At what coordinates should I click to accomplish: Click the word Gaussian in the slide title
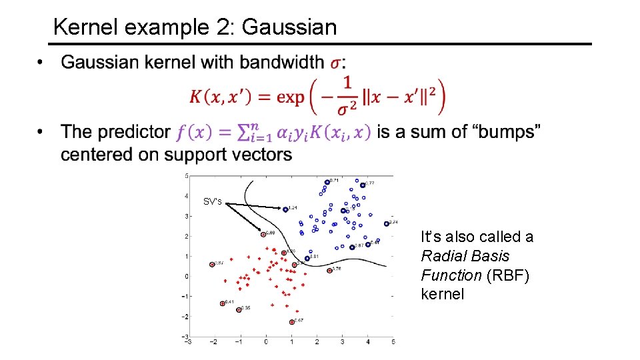pyautogui.click(x=289, y=27)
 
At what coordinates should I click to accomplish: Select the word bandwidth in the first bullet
pyautogui.click(x=282, y=63)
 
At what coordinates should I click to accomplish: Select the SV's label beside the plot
pyautogui.click(x=213, y=201)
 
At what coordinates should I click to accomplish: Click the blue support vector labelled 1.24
pyautogui.click(x=285, y=209)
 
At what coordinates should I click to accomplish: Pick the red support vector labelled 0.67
pyautogui.click(x=292, y=322)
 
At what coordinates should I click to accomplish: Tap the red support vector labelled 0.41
pyautogui.click(x=223, y=304)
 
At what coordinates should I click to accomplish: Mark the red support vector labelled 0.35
pyautogui.click(x=239, y=310)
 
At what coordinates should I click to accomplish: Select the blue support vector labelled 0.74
pyautogui.click(x=387, y=223)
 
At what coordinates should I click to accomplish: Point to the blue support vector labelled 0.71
pyautogui.click(x=327, y=182)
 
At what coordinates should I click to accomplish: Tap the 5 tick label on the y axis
pyautogui.click(x=187, y=176)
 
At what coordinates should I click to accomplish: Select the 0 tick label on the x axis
pyautogui.click(x=265, y=341)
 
